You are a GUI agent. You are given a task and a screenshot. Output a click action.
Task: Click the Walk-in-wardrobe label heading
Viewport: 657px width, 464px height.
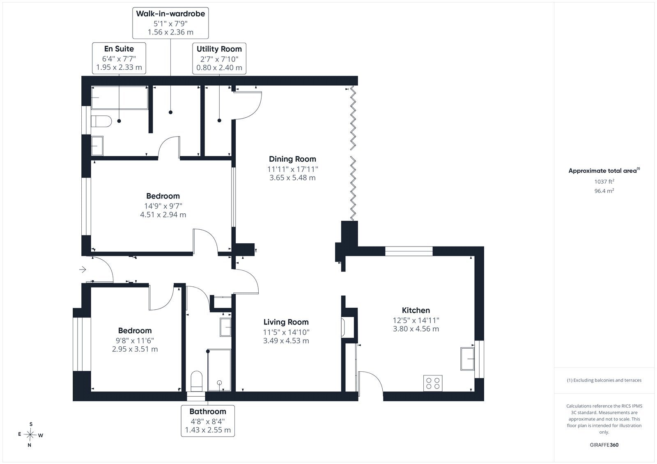click(170, 14)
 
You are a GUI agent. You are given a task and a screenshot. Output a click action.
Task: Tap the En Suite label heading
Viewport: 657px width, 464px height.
click(119, 49)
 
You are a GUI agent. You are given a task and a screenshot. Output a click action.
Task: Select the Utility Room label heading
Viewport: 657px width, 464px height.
click(219, 49)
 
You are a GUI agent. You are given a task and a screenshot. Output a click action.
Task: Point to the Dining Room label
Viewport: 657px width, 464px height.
click(292, 159)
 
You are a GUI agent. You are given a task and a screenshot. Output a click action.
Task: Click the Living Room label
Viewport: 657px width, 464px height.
click(286, 322)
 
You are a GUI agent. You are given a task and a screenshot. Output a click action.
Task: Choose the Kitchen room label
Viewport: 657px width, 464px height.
click(416, 310)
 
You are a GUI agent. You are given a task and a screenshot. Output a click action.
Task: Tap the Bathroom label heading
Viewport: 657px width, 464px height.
click(208, 411)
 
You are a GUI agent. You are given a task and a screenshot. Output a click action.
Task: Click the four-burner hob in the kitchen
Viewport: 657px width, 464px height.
click(433, 383)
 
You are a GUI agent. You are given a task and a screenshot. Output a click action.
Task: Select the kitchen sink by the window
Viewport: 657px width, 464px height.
click(467, 359)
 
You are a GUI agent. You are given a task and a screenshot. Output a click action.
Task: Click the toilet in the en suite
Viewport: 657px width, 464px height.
click(101, 121)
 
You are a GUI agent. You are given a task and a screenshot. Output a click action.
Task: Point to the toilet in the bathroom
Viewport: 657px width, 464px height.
click(197, 382)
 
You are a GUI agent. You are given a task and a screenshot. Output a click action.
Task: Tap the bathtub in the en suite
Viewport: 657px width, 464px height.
click(119, 98)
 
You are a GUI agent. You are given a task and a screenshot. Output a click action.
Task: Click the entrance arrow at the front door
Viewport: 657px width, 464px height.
click(83, 270)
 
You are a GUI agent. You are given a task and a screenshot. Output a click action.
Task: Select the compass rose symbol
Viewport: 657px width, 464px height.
click(30, 435)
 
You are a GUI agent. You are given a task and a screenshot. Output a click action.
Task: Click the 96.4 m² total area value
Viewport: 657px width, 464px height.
click(604, 191)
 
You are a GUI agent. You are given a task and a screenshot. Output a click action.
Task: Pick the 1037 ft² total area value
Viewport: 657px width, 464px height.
click(604, 181)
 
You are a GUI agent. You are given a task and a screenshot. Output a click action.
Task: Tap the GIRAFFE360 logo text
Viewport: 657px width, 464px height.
click(604, 445)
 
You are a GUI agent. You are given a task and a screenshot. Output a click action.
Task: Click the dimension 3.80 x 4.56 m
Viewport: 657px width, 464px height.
click(416, 329)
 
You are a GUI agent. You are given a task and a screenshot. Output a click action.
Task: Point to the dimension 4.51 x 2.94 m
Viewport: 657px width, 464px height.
click(163, 215)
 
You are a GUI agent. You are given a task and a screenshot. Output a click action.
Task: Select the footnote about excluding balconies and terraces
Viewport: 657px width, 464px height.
click(604, 380)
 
